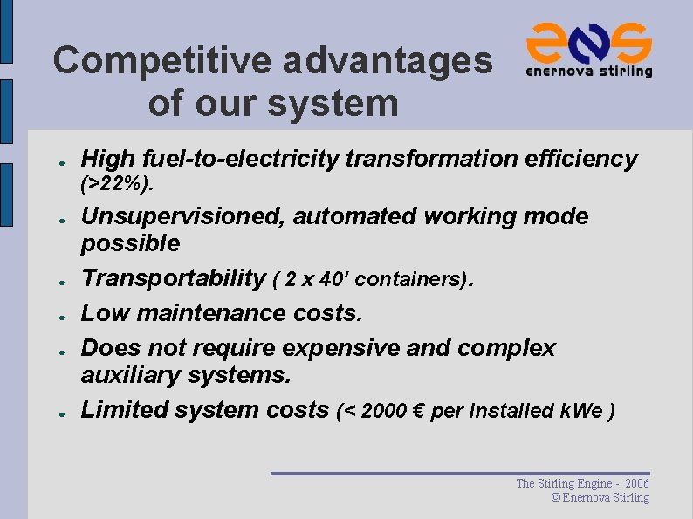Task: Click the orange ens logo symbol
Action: [x=589, y=41]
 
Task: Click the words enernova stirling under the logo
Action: [x=589, y=72]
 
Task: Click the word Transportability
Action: [x=173, y=278]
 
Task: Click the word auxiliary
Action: [x=130, y=376]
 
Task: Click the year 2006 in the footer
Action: [x=638, y=483]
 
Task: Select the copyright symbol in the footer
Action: [x=555, y=497]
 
